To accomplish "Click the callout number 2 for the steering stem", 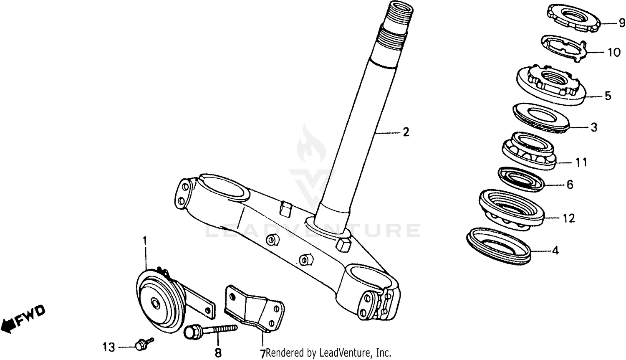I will click(x=405, y=132).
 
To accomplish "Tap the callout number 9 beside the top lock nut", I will click(x=621, y=23).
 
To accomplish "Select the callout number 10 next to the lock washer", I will click(x=614, y=53).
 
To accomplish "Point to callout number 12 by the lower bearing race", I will click(x=569, y=218).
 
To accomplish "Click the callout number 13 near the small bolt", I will click(x=109, y=347).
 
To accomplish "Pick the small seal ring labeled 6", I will click(x=521, y=179).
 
